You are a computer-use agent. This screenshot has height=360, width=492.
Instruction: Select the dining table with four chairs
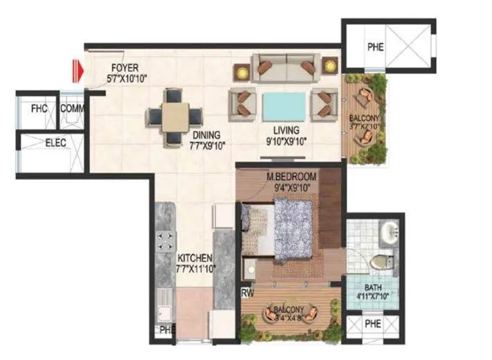175,113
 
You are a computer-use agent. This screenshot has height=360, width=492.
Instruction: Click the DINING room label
207,135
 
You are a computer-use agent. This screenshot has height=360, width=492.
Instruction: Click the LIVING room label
286,129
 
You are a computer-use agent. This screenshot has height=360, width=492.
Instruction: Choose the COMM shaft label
71,109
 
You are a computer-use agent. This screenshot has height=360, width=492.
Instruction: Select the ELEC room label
55,143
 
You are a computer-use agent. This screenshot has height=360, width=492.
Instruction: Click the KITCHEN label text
193,258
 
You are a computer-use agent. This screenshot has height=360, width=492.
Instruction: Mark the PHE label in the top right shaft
375,47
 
